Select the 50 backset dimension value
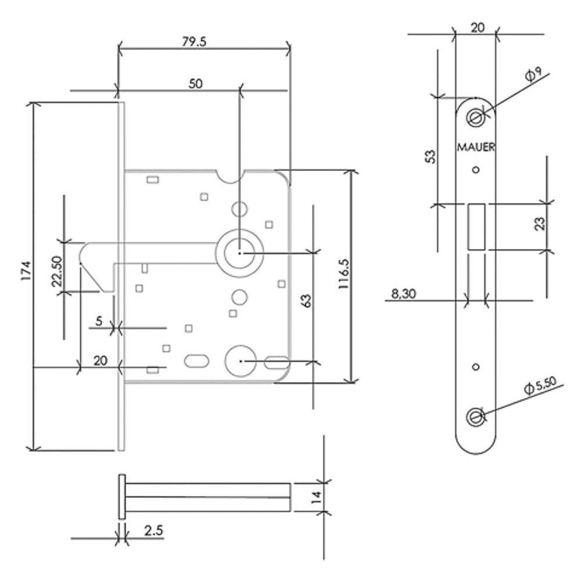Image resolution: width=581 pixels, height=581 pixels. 195,84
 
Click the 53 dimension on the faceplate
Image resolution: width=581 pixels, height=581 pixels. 430,157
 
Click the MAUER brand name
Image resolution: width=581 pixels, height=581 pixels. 476,148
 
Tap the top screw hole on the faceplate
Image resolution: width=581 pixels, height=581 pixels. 476,118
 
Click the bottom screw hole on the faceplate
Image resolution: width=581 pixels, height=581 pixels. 476,416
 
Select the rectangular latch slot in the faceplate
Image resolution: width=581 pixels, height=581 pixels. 476,227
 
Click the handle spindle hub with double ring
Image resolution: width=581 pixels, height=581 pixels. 239,253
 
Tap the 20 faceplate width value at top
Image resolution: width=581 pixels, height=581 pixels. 478,27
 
